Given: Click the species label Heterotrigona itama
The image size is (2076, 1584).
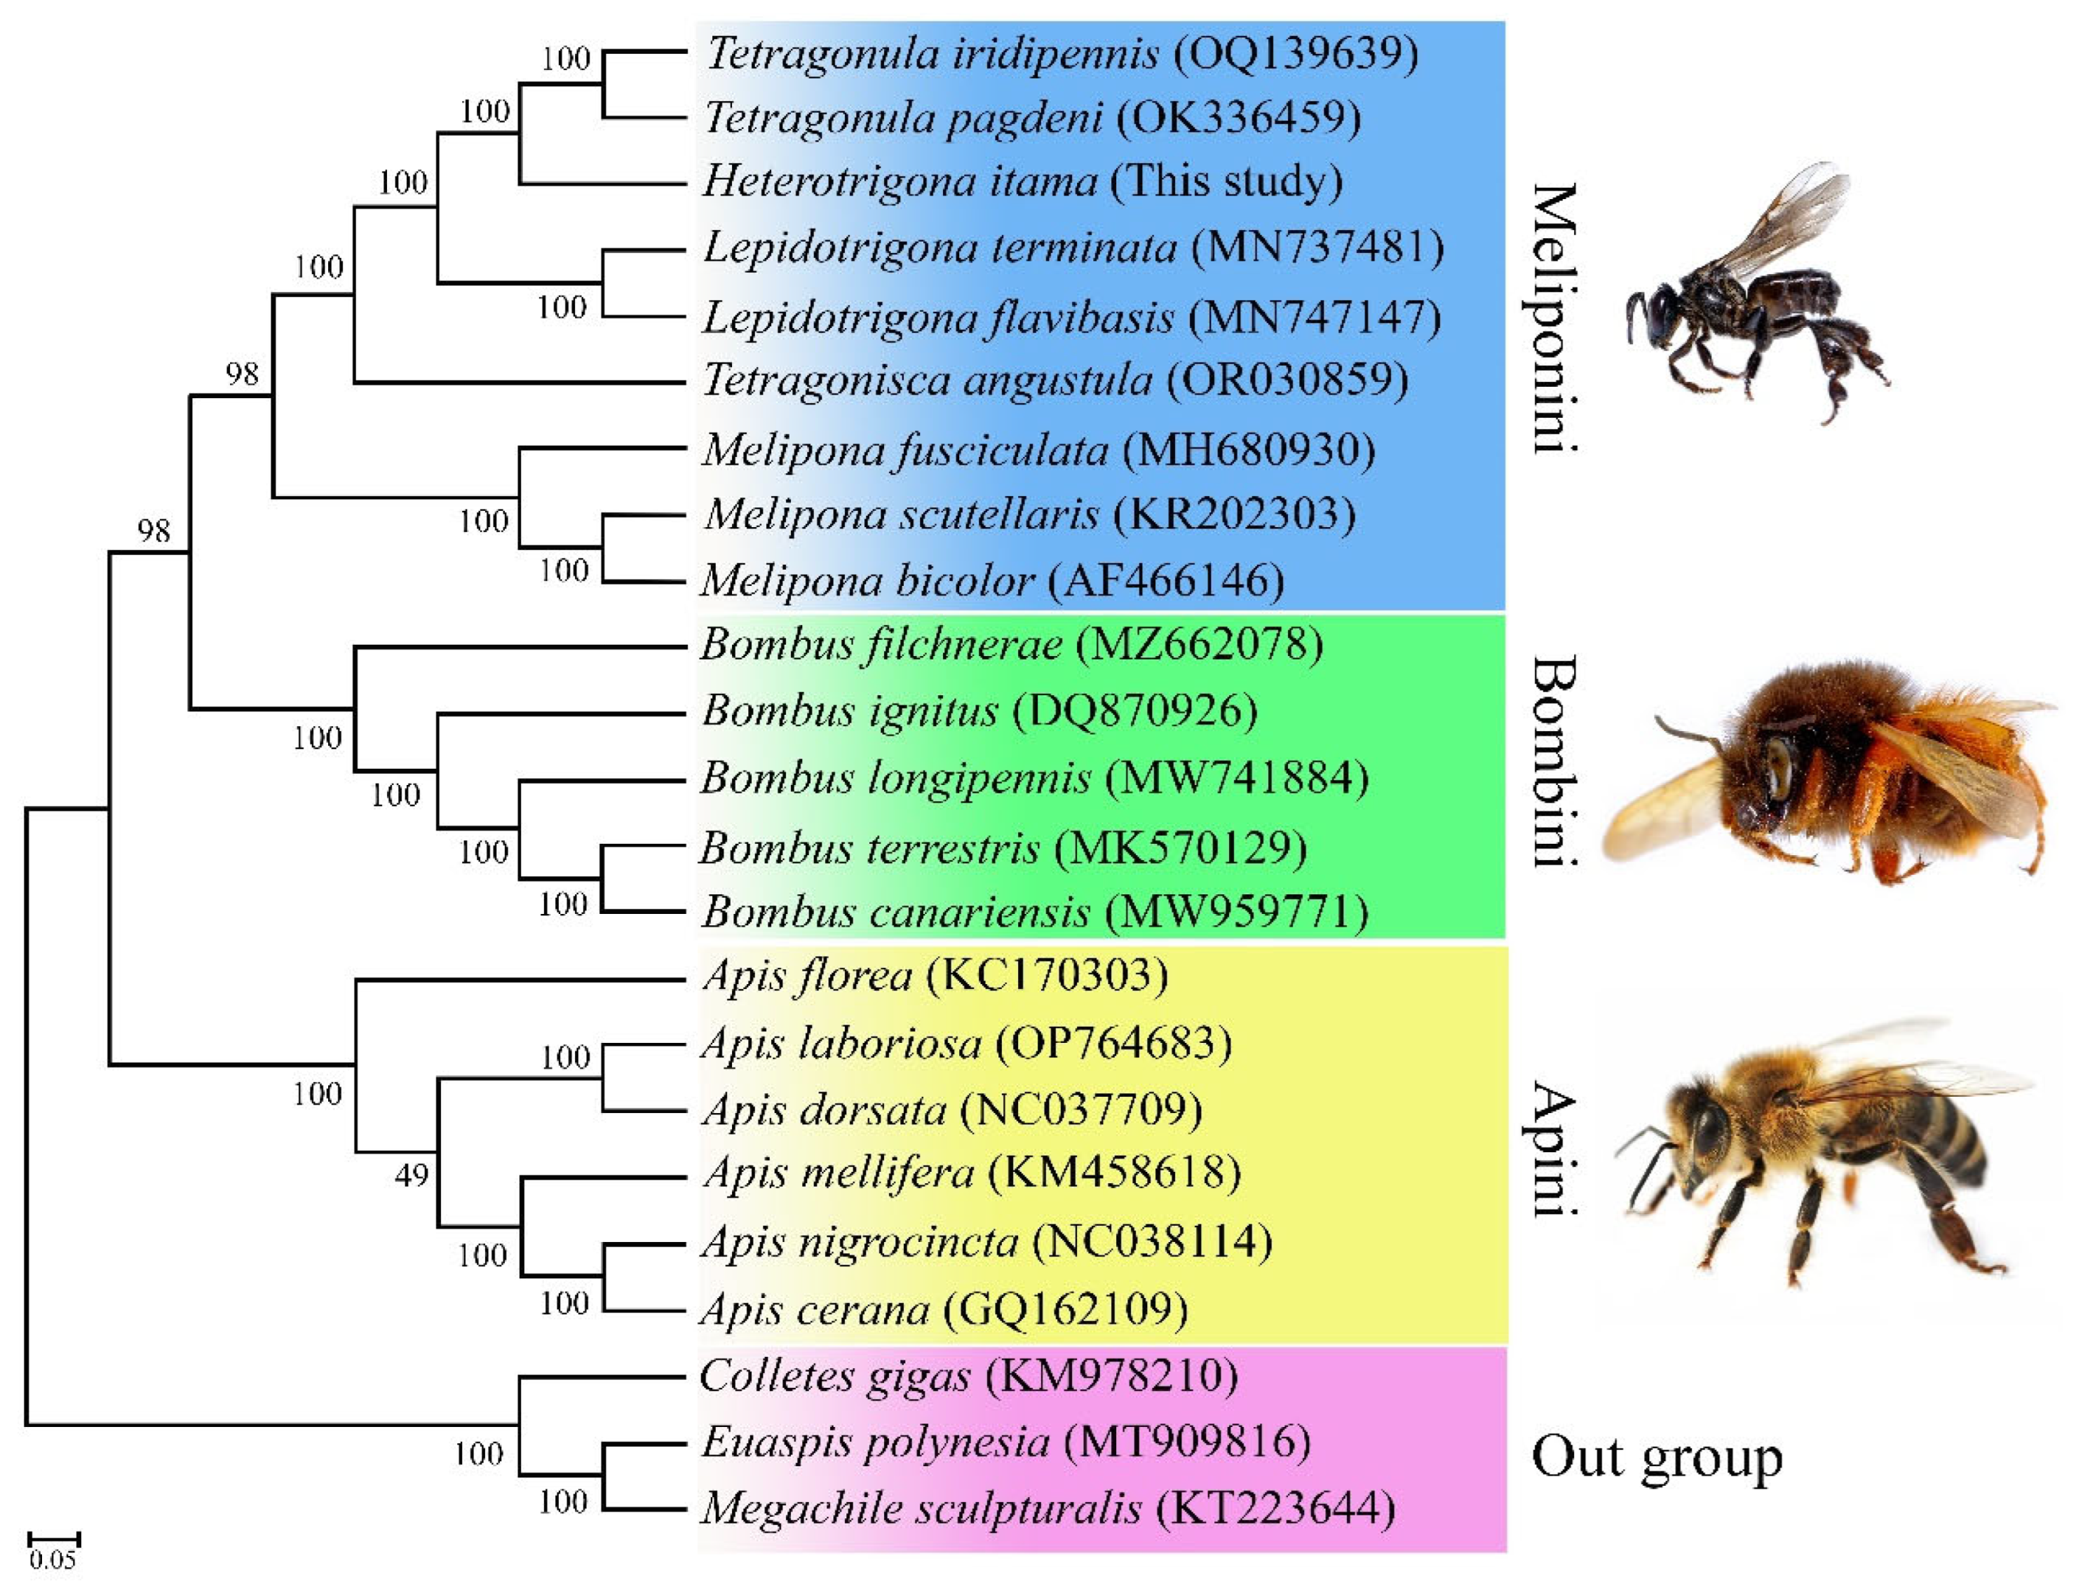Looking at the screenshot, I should (x=901, y=181).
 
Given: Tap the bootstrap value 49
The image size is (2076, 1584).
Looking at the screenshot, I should (x=412, y=1175).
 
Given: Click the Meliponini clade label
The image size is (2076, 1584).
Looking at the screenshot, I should (x=1552, y=319).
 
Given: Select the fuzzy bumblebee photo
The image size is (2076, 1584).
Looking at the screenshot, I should (x=1830, y=773).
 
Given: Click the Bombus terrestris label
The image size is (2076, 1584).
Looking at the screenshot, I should (x=869, y=847).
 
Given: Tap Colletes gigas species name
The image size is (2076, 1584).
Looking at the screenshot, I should (x=835, y=1376).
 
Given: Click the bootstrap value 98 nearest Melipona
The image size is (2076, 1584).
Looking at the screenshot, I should (x=241, y=374).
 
